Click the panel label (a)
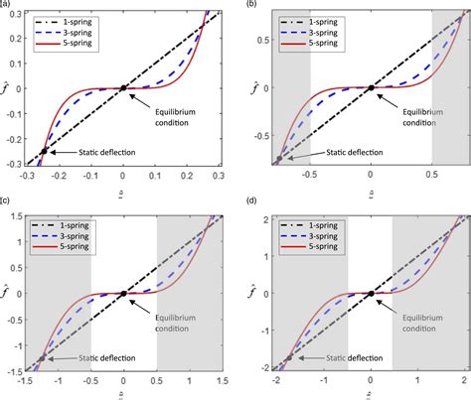click(6, 5)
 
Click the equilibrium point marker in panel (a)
click(123, 88)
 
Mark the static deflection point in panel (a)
click(44, 152)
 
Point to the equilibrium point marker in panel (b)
click(371, 88)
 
